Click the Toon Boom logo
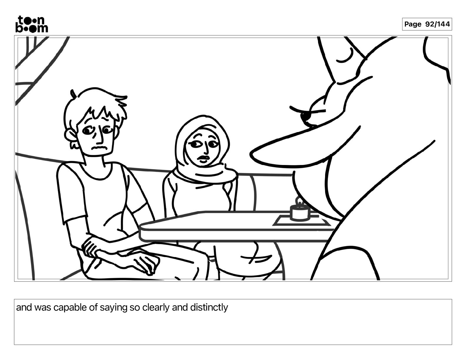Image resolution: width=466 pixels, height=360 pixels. click(x=32, y=24)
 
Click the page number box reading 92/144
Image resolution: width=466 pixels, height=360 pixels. click(x=427, y=24)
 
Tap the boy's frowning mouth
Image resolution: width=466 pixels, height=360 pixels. click(x=99, y=148)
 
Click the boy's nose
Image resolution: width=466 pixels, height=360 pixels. click(x=100, y=137)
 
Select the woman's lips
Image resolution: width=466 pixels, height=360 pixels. click(x=204, y=159)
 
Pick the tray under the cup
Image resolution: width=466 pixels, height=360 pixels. click(x=301, y=221)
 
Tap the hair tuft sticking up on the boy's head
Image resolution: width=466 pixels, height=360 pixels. click(x=73, y=94)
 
